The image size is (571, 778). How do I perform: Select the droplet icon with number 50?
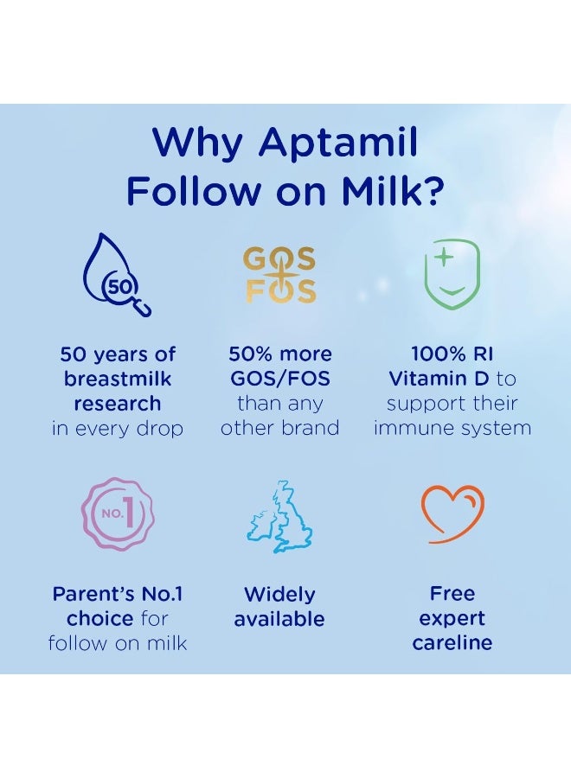click(117, 275)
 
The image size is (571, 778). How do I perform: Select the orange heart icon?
click(452, 513)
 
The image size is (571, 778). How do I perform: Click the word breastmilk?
click(117, 379)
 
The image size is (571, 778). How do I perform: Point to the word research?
click(117, 404)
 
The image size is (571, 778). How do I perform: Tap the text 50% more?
click(279, 354)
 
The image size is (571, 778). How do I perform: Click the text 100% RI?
click(452, 354)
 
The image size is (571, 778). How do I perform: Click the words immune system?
click(452, 428)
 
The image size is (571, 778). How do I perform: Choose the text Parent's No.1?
click(117, 594)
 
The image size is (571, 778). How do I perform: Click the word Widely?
click(279, 594)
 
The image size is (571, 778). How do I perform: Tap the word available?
click(279, 619)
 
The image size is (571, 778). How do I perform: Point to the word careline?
click(452, 642)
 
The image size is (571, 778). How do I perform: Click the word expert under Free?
click(452, 618)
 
